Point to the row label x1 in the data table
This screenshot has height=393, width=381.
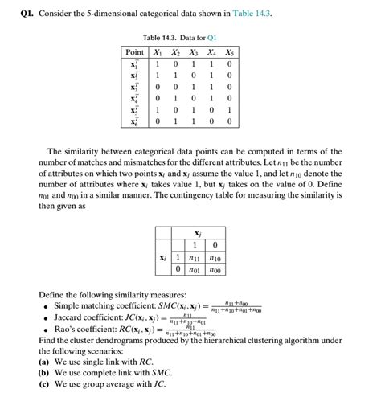coord(134,63)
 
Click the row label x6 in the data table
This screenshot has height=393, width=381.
coord(134,121)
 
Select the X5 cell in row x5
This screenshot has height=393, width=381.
coord(230,110)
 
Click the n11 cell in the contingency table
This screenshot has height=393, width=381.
coord(194,258)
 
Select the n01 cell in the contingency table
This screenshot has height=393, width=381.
coord(194,271)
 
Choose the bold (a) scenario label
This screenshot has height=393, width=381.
coord(43,362)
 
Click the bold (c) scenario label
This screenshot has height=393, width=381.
coord(43,384)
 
